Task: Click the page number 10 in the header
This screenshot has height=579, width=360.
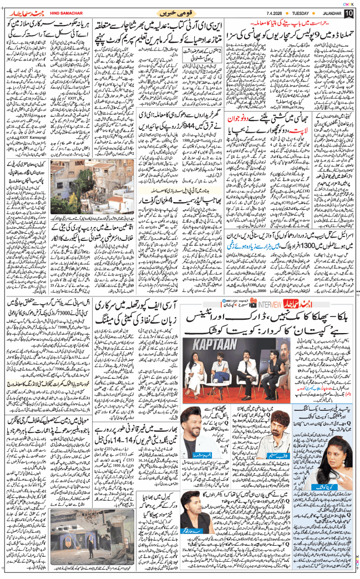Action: click(349, 13)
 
